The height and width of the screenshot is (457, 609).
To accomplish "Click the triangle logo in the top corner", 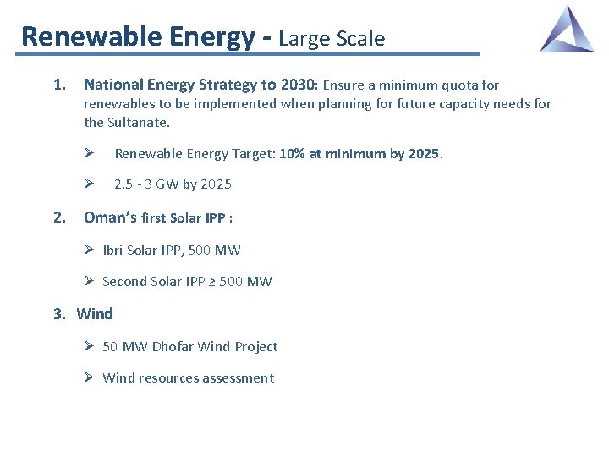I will click(568, 30).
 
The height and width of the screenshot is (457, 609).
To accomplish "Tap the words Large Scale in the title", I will click(332, 38).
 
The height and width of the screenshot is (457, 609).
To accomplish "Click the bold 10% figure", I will click(293, 154).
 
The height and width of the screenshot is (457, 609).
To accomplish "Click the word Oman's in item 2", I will click(110, 217).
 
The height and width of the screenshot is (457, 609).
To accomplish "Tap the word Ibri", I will click(115, 251).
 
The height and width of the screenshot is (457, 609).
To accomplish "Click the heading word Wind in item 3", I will click(95, 314).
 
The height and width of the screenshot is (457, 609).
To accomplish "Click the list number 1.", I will click(59, 85).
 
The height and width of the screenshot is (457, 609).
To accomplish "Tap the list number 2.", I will click(59, 217).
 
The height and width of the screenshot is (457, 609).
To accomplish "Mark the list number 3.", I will click(59, 314).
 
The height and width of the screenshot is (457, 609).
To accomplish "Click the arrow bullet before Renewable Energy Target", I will click(89, 154).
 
